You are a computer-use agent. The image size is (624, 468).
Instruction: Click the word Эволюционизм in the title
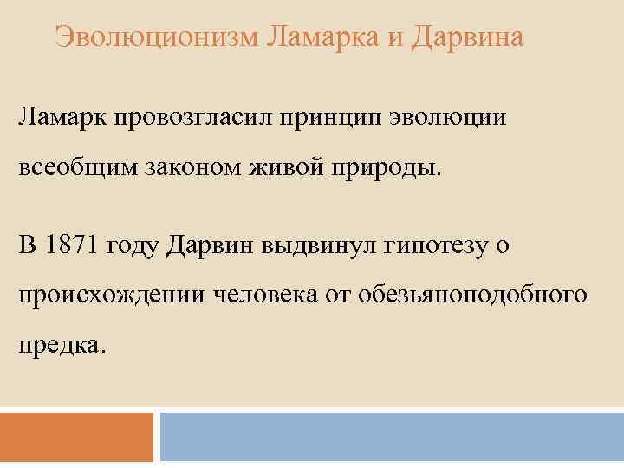(x=157, y=37)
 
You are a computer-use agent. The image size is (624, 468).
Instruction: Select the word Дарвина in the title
(x=468, y=37)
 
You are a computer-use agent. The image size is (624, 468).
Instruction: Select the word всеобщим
(x=73, y=165)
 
